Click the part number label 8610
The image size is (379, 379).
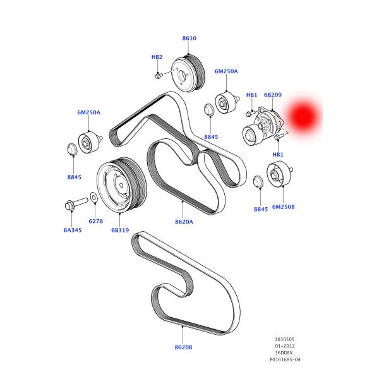pyautogui.click(x=189, y=39)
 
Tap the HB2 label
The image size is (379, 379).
pyautogui.click(x=157, y=57)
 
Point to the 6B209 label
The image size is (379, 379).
pyautogui.click(x=272, y=95)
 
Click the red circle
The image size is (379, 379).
pyautogui.click(x=302, y=115)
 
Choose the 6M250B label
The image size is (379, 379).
pyautogui.click(x=283, y=207)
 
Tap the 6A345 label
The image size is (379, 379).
pyautogui.click(x=73, y=230)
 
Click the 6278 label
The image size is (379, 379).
pyautogui.click(x=95, y=221)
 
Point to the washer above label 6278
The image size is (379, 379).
pyautogui.click(x=93, y=198)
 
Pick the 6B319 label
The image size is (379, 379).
pyautogui.click(x=120, y=230)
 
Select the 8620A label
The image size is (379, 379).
pyautogui.click(x=184, y=221)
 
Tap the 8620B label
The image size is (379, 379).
pyautogui.click(x=183, y=347)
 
